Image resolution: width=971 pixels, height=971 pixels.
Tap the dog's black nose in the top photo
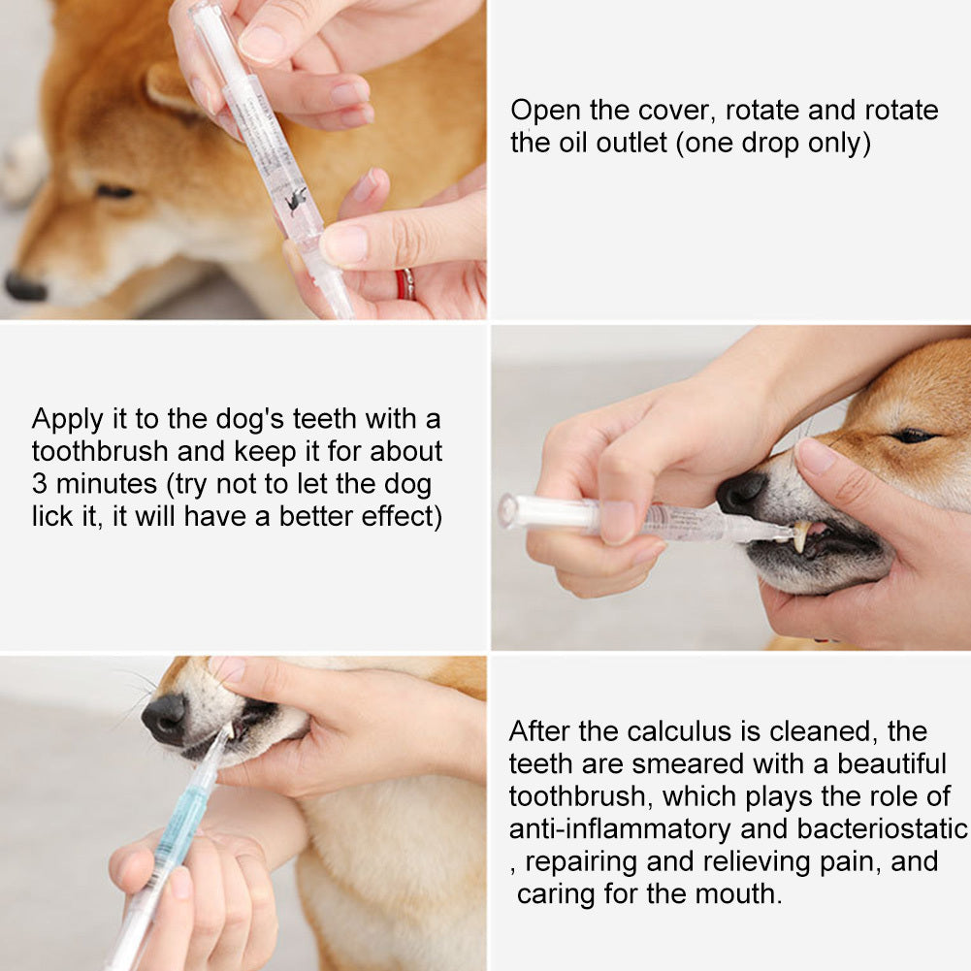pyautogui.click(x=24, y=287)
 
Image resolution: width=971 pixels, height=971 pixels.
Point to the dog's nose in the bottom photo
pyautogui.click(x=164, y=719)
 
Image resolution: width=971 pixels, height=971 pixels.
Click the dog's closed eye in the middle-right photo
pyautogui.click(x=913, y=436)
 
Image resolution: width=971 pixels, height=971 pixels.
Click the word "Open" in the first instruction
pyautogui.click(x=545, y=111)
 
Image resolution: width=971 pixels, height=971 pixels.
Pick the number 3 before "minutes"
pyautogui.click(x=39, y=484)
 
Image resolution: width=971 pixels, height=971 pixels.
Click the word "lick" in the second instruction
pyautogui.click(x=50, y=517)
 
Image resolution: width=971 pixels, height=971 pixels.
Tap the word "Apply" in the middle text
pyautogui.click(x=67, y=419)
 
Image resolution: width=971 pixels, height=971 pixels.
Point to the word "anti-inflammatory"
pyautogui.click(x=619, y=828)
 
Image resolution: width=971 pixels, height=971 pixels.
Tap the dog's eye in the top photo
pyautogui.click(x=114, y=191)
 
